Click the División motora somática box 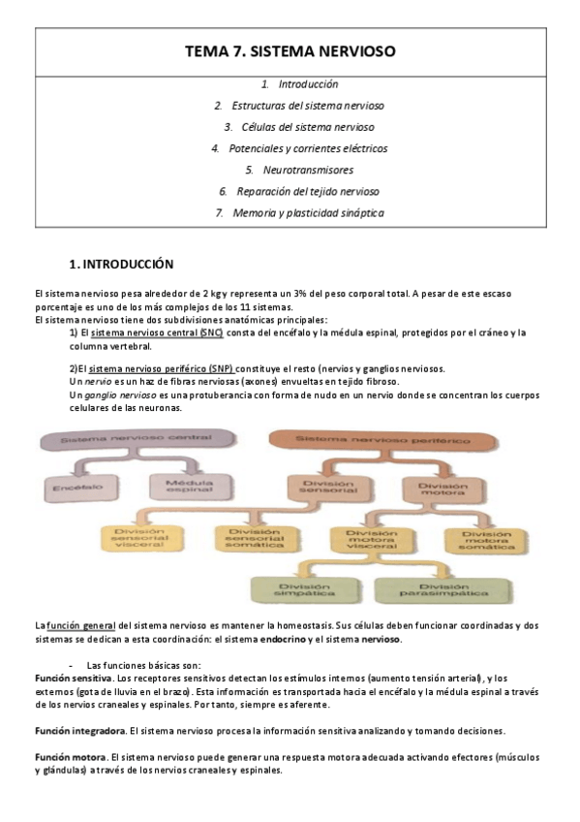[486, 539]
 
